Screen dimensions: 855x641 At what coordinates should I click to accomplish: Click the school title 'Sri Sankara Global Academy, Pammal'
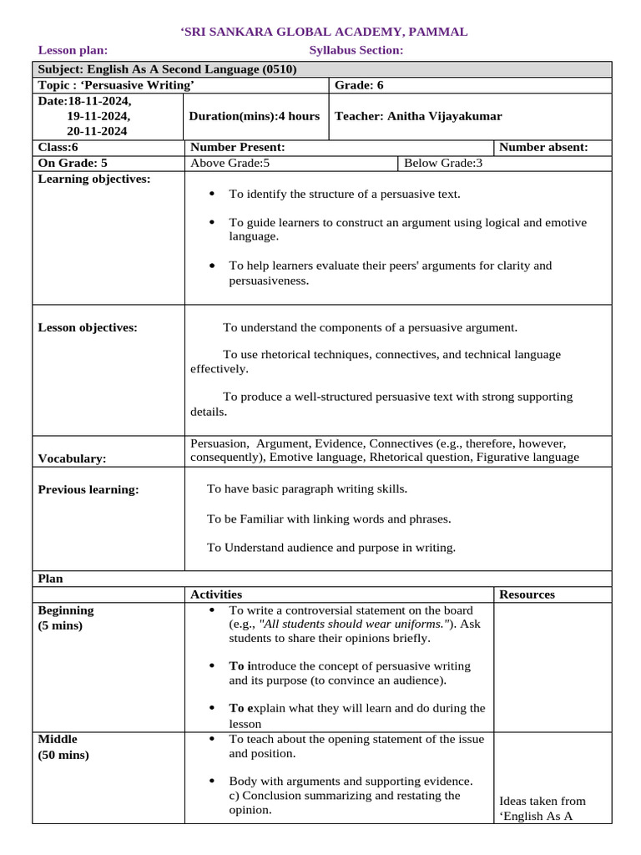click(x=324, y=32)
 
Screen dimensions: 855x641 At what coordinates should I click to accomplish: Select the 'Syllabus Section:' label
click(x=356, y=50)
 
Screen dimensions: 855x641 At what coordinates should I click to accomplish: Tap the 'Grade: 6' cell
click(x=359, y=85)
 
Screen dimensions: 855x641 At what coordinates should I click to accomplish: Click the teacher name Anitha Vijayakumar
click(x=418, y=116)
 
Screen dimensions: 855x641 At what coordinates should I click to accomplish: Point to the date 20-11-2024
click(x=98, y=131)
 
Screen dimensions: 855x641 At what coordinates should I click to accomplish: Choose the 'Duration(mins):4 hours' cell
click(x=255, y=116)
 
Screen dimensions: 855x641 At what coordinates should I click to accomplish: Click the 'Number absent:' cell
click(x=543, y=147)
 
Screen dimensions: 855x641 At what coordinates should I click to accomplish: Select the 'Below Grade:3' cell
click(x=443, y=163)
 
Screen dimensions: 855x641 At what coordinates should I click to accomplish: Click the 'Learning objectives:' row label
click(x=94, y=179)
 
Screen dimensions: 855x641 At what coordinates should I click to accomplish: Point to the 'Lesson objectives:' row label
click(x=88, y=327)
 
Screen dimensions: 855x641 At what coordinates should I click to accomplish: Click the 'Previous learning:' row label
click(x=88, y=489)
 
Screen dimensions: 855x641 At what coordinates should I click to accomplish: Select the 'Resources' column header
click(x=527, y=594)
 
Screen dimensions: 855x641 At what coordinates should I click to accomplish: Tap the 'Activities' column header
click(x=216, y=594)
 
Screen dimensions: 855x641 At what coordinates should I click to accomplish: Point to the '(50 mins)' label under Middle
click(x=63, y=755)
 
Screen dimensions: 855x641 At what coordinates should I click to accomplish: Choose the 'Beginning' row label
click(x=66, y=610)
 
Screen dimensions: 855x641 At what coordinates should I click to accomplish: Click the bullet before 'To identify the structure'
click(x=212, y=194)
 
